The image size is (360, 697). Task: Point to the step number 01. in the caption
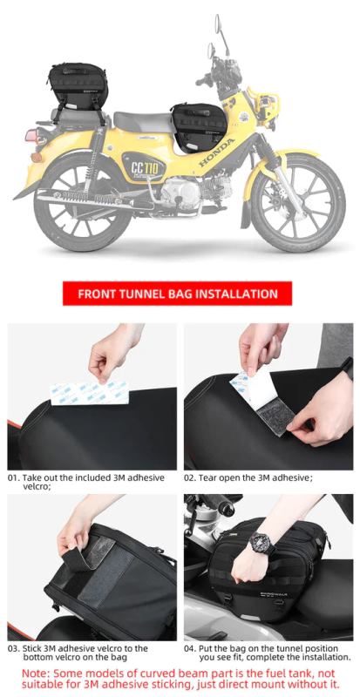[14, 478]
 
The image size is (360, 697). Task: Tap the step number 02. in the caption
[191, 478]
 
